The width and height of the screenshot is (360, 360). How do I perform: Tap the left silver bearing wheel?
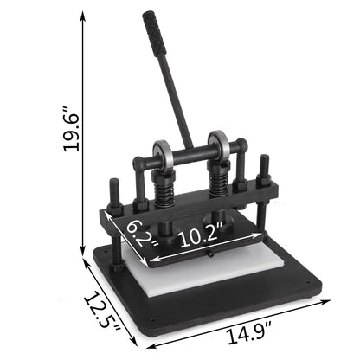(x=162, y=156)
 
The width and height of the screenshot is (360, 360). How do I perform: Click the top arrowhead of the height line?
(x=85, y=16)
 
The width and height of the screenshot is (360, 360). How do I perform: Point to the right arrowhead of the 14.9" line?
(x=331, y=303)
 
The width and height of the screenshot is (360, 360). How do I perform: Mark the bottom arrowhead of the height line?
(x=85, y=247)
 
